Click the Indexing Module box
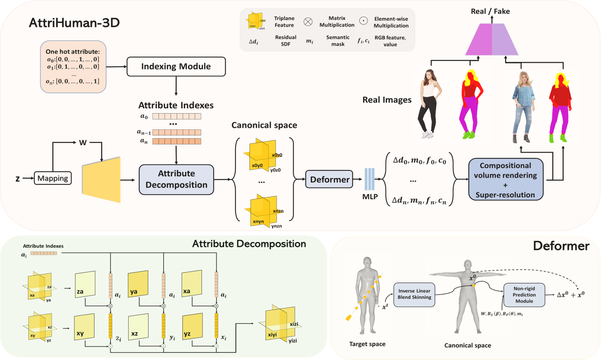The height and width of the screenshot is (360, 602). coord(176,67)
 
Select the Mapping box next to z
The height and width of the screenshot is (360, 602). coord(53,178)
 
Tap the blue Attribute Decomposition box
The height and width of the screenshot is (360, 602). coord(176,179)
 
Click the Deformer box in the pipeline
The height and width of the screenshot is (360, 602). coord(329,179)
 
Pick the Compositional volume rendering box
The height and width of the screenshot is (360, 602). coord(505,180)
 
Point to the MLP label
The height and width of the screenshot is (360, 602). coord(370,197)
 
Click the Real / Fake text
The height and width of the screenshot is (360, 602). coord(490,12)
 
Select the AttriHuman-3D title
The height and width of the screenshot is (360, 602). coord(74,22)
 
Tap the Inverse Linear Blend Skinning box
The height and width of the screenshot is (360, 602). coord(414,294)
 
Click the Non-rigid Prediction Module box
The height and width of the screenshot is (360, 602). coord(524,295)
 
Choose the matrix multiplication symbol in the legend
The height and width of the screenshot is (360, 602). coord(308,22)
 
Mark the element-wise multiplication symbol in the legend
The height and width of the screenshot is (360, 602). coord(363,21)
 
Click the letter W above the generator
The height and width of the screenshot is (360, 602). coord(83,143)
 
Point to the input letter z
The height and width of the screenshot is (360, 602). coord(18,179)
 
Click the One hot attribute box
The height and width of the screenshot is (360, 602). coord(73,67)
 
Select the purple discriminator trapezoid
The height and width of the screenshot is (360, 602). coord(492,40)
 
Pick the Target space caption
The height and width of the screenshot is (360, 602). coord(367,344)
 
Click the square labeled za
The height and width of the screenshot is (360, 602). coord(85,285)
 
